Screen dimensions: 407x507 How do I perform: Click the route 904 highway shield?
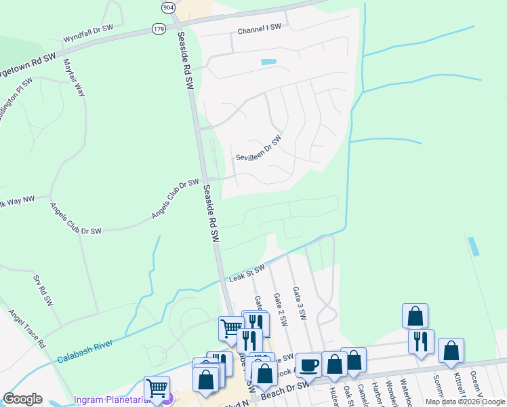(x=168, y=7)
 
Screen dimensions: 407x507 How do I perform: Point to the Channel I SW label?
(x=259, y=31)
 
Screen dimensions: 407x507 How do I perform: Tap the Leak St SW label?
(x=246, y=274)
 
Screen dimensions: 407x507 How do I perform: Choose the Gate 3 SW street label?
(x=299, y=303)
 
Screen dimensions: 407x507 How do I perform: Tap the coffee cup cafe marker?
(x=308, y=364)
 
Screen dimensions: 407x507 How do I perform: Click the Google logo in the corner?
(x=22, y=399)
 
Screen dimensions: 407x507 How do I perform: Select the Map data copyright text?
(x=464, y=402)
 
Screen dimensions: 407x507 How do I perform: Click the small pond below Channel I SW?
(x=269, y=62)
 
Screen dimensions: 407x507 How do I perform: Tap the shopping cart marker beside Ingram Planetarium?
(x=157, y=388)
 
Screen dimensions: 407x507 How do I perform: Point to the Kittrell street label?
(x=460, y=385)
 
